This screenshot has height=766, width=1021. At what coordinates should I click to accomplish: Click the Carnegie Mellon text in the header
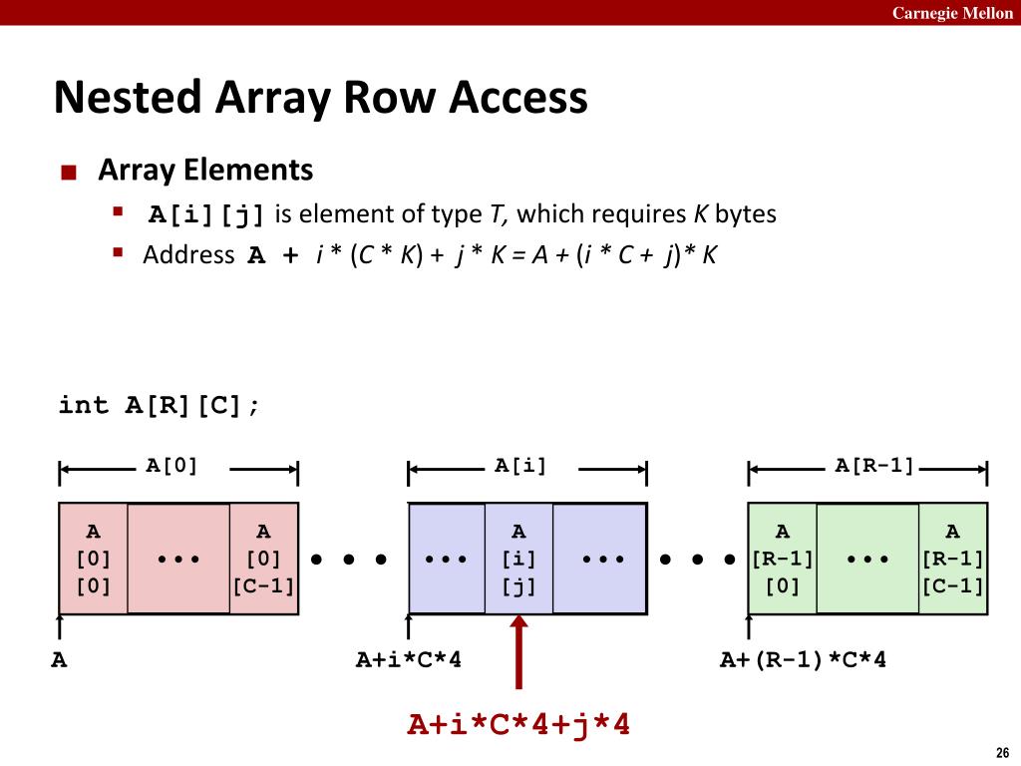[952, 13]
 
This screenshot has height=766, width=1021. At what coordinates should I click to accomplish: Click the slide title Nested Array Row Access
[320, 98]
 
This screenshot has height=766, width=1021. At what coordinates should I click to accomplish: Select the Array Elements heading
[205, 170]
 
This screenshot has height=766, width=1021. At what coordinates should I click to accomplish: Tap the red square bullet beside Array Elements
[68, 173]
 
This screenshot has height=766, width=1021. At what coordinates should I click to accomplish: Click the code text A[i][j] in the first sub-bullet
[207, 214]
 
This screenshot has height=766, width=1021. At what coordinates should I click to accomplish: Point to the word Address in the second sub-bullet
[188, 254]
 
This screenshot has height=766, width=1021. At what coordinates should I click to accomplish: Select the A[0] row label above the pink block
[172, 464]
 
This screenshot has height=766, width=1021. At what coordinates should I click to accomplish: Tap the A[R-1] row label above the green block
[874, 464]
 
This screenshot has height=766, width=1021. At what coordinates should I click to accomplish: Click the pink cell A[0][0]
[94, 558]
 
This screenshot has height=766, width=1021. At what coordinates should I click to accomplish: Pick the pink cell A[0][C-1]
[263, 558]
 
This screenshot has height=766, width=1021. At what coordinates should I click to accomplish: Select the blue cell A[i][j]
[518, 558]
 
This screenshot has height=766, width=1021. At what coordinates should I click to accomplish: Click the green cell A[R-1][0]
[783, 558]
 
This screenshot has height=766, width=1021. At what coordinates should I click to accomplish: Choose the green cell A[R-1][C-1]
[952, 558]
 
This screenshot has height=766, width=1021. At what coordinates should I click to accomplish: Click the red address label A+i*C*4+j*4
[518, 724]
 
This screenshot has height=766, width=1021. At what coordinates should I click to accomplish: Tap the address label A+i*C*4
[409, 660]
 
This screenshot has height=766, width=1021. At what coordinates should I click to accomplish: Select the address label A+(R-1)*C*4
[804, 660]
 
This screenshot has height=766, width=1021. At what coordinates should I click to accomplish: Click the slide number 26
[1002, 752]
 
